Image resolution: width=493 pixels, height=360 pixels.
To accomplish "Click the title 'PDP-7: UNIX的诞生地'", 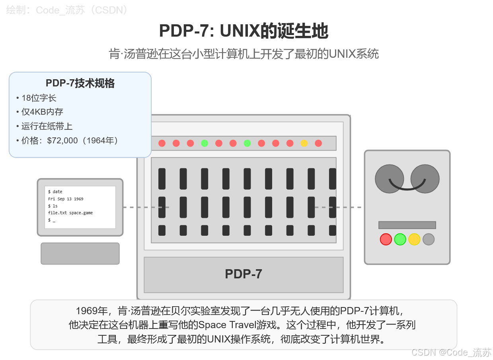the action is [244, 31].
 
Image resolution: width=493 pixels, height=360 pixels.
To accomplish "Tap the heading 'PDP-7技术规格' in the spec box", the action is [80, 83].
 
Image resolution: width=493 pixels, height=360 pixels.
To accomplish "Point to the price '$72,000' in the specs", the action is [62, 141].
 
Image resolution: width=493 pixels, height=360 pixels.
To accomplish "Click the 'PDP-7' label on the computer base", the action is [243, 274].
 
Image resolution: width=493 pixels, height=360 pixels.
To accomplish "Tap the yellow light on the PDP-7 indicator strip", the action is [304, 143].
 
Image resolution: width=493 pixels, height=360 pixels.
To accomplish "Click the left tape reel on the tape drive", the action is [389, 179].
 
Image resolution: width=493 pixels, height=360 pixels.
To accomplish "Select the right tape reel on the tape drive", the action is [425, 179].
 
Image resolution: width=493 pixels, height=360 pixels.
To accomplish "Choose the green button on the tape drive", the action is [400, 239].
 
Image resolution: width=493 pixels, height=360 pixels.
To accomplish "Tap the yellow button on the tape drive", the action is [414, 239].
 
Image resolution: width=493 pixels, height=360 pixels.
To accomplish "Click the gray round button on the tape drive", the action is [429, 239].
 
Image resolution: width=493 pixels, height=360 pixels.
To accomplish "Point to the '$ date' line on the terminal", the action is [55, 192].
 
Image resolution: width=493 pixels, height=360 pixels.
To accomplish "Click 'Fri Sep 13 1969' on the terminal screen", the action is [66, 199].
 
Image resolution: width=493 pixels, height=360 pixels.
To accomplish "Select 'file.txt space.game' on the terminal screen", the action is [70, 213].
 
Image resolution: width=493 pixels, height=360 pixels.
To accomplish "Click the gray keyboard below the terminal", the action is [80, 253].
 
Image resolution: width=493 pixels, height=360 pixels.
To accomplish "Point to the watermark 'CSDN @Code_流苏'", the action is [451, 352].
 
